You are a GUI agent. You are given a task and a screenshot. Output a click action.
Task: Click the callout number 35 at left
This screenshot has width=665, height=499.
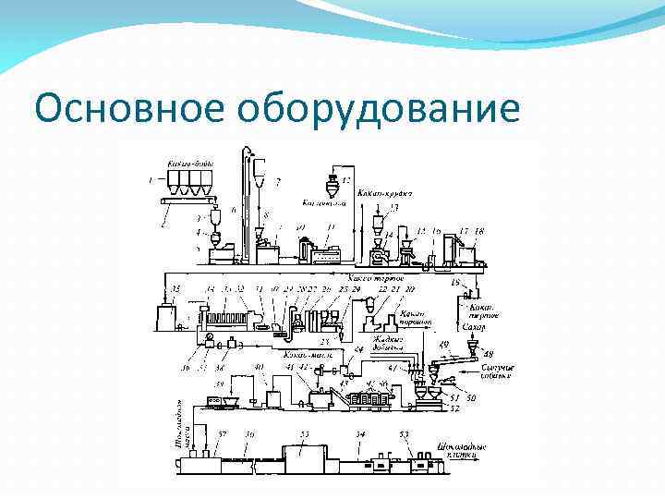[175, 289]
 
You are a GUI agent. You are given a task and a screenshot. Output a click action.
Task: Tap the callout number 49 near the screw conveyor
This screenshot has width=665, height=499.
[444, 344]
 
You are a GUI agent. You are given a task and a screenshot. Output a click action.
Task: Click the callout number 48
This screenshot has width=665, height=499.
[488, 353]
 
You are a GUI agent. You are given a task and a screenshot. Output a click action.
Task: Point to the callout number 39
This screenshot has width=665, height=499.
[219, 383]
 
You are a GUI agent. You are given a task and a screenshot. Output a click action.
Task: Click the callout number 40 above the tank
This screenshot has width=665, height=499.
[259, 368]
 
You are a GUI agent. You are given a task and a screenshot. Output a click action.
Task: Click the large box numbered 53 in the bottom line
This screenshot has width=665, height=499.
[304, 453]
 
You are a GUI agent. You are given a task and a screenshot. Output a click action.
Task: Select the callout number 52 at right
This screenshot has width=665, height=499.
[453, 408]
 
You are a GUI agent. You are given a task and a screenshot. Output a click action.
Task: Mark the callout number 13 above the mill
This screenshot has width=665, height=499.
[393, 207]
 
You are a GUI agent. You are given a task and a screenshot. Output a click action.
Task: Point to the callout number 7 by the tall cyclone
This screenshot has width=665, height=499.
[278, 181]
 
